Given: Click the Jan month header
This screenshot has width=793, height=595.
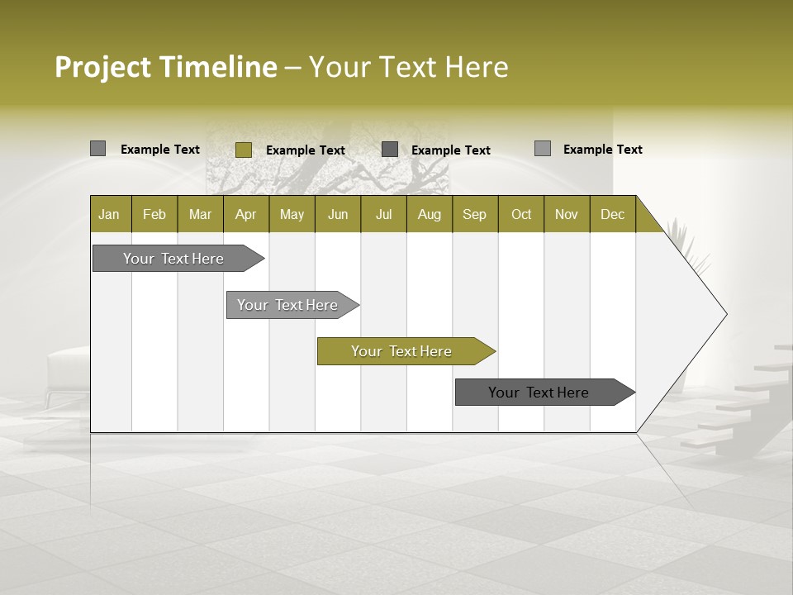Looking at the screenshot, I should click(110, 214).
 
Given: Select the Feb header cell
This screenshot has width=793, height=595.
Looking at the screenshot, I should click(154, 214).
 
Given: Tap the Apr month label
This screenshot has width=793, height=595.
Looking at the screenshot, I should click(246, 214).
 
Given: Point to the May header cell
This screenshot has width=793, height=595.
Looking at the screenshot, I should click(292, 214).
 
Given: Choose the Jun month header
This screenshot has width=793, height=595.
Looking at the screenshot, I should click(338, 214).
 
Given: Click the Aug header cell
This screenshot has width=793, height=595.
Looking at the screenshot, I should click(430, 214).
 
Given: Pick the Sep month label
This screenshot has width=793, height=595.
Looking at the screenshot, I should click(475, 214).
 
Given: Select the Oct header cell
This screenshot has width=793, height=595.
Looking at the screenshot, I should click(521, 214).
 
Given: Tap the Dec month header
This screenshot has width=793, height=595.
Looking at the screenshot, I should click(613, 214).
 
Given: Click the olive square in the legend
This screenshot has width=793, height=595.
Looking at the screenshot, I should click(244, 150).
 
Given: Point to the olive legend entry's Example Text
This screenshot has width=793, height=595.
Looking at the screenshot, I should click(306, 150).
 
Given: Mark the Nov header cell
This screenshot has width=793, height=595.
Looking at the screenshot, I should click(567, 214).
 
